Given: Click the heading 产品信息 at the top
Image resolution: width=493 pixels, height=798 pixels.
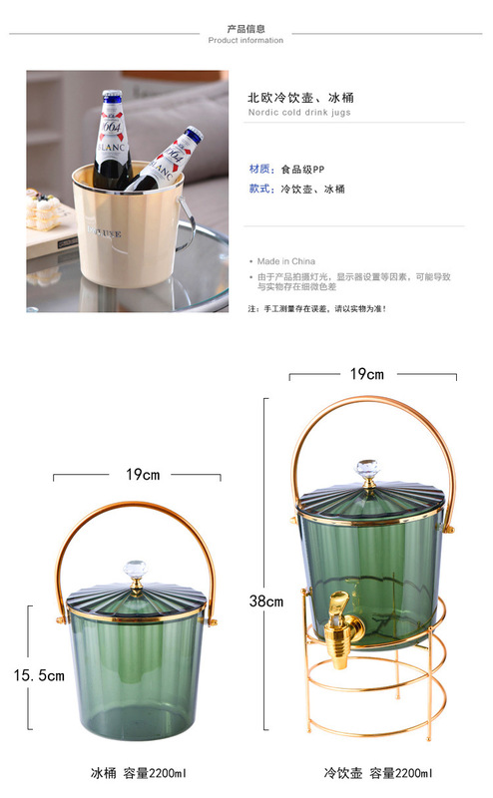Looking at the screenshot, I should click(x=246, y=28).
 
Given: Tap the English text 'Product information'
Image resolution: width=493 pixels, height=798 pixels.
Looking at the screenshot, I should click(x=246, y=41).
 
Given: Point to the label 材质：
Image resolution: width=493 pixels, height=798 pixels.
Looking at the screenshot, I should click(x=260, y=169).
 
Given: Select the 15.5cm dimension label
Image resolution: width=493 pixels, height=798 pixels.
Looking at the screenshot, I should click(x=39, y=675).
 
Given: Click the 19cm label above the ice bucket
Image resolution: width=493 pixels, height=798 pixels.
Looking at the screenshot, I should click(x=142, y=475).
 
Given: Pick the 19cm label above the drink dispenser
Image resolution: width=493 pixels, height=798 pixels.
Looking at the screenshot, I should click(x=366, y=374).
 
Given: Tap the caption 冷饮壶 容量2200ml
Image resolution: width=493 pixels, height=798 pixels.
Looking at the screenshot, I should click(x=377, y=773).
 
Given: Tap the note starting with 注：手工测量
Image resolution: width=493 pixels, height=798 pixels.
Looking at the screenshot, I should click(x=317, y=309).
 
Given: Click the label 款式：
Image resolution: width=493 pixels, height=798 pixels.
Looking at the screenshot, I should click(x=260, y=189).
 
